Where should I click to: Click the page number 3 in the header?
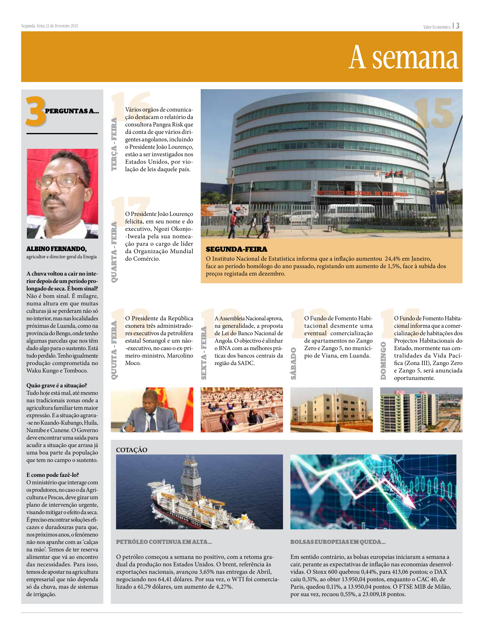pyautogui.click(x=457, y=26)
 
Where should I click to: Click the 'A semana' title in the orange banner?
pyautogui.click(x=404, y=58)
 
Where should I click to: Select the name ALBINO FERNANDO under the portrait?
pyautogui.click(x=56, y=249)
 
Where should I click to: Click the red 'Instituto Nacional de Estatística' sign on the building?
pyautogui.click(x=362, y=193)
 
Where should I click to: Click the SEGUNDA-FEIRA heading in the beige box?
pyautogui.click(x=236, y=249)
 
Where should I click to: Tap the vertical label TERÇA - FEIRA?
pyautogui.click(x=114, y=144)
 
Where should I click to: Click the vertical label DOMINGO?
pyautogui.click(x=383, y=361)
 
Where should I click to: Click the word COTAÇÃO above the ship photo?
pyautogui.click(x=132, y=450)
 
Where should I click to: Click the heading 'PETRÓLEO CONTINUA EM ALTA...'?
pyautogui.click(x=164, y=542)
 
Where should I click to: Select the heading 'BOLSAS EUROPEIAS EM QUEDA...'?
pyautogui.click(x=338, y=542)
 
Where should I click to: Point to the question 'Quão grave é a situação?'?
pyautogui.click(x=57, y=386)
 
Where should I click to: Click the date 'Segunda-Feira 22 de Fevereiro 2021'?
pyautogui.click(x=49, y=26)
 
